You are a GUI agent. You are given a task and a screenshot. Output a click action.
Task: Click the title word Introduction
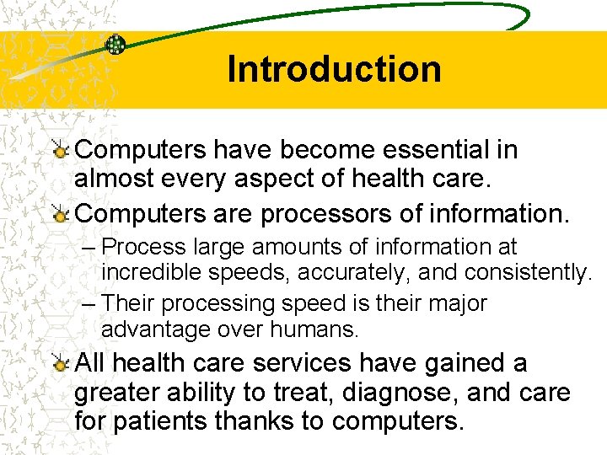(334, 69)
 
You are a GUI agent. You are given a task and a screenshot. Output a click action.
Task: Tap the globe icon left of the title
(115, 44)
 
